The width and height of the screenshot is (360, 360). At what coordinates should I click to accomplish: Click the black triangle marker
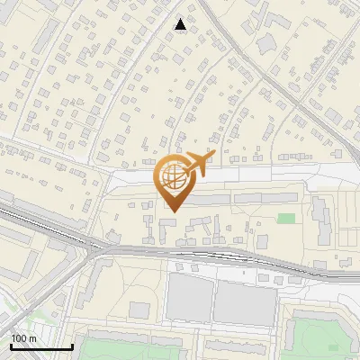pyautogui.click(x=182, y=24)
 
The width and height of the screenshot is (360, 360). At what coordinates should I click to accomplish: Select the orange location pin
pyautogui.click(x=173, y=180)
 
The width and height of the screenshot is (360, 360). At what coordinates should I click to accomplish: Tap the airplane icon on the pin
pyautogui.click(x=196, y=163)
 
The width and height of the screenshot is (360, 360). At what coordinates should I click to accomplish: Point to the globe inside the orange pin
pyautogui.click(x=172, y=175)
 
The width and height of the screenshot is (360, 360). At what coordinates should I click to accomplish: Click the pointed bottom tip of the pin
pyautogui.click(x=173, y=211)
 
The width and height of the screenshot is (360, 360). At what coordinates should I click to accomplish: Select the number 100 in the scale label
pyautogui.click(x=19, y=338)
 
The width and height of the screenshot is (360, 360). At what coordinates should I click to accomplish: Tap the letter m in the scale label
pyautogui.click(x=31, y=338)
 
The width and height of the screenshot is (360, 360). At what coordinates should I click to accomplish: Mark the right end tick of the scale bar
pyautogui.click(x=72, y=345)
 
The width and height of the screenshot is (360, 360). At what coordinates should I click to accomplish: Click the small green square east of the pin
pyautogui.click(x=286, y=218)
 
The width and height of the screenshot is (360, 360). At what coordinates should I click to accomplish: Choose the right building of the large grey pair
pyautogui.click(x=243, y=303)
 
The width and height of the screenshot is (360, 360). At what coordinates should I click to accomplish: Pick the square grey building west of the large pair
pyautogui.click(x=139, y=310)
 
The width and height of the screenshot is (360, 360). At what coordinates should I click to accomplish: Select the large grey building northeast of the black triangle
pyautogui.click(x=267, y=43)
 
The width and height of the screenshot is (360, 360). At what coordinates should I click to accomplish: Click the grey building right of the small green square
pyautogui.click(x=321, y=221)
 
